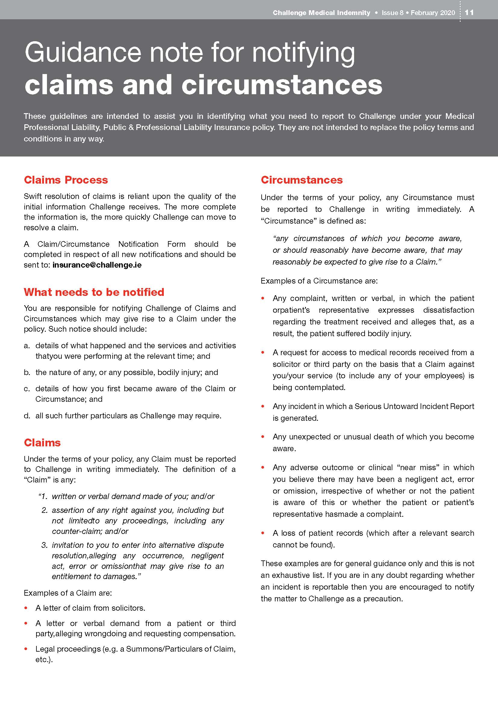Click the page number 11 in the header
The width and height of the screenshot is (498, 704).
pyautogui.click(x=469, y=13)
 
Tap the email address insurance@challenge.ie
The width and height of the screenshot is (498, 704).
pyautogui.click(x=97, y=265)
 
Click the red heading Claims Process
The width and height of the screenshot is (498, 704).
pyautogui.click(x=66, y=180)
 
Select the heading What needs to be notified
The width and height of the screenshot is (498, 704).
pyautogui.click(x=94, y=292)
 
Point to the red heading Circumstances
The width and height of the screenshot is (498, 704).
pyautogui.click(x=301, y=180)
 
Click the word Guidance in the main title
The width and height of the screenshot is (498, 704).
pyautogui.click(x=82, y=53)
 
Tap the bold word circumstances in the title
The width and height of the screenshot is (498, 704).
pyautogui.click(x=282, y=85)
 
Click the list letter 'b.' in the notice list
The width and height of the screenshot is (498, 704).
pyautogui.click(x=27, y=373)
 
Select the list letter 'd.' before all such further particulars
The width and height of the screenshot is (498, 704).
pyautogui.click(x=27, y=416)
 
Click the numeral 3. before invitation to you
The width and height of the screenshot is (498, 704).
pyautogui.click(x=45, y=545)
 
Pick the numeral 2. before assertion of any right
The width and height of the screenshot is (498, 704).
pyautogui.click(x=45, y=510)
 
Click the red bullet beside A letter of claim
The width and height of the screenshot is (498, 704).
pyautogui.click(x=26, y=608)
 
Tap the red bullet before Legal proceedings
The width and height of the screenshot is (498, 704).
pyautogui.click(x=26, y=649)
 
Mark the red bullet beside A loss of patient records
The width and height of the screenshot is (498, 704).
pyautogui.click(x=263, y=533)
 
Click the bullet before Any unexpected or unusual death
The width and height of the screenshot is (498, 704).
pyautogui.click(x=263, y=437)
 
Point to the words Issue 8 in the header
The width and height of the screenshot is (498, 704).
pyautogui.click(x=392, y=13)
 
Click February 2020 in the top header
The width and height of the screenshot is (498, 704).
pyautogui.click(x=433, y=13)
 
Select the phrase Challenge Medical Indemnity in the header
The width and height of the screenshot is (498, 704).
pyautogui.click(x=321, y=13)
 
